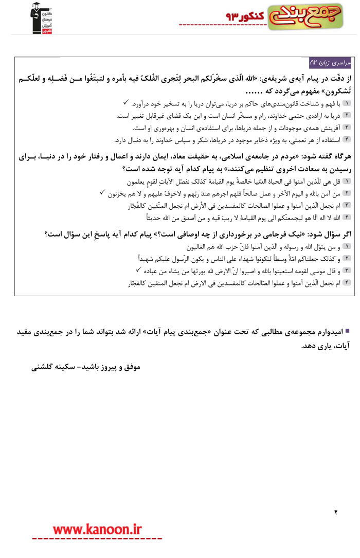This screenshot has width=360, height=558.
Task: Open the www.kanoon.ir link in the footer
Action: pyautogui.click(x=97, y=529)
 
